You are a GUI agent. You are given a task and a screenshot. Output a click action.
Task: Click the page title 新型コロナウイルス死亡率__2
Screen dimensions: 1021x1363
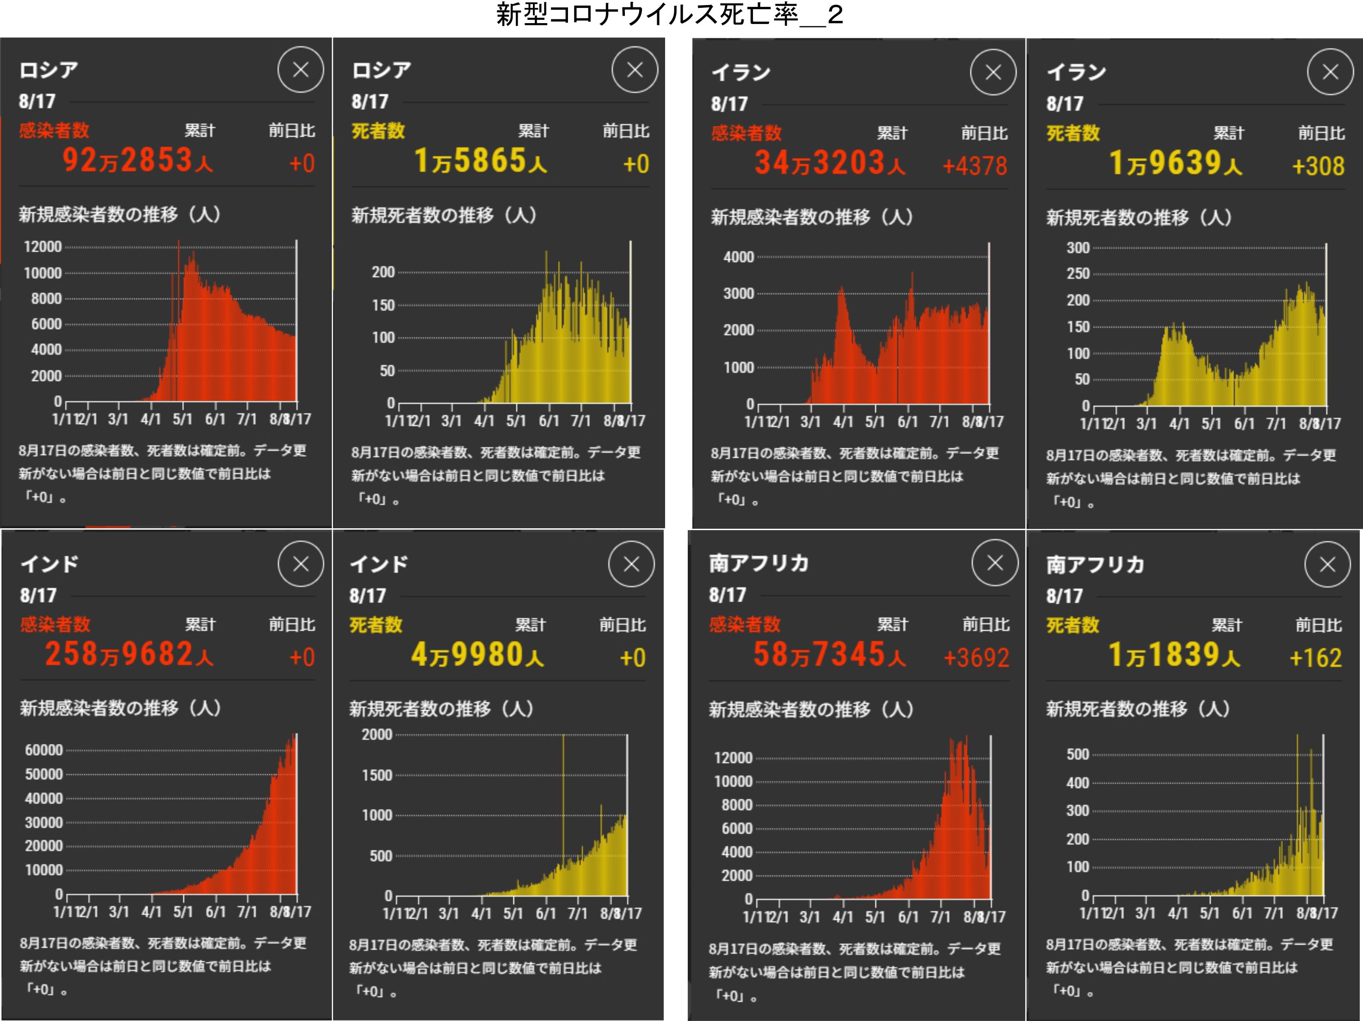669,15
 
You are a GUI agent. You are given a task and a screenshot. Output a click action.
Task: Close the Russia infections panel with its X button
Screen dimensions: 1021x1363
301,70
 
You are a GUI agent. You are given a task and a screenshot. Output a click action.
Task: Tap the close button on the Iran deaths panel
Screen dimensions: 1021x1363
1330,72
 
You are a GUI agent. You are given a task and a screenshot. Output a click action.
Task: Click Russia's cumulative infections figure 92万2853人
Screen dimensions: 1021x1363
137,161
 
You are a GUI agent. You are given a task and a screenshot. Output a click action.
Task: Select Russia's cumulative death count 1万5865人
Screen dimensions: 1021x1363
480,161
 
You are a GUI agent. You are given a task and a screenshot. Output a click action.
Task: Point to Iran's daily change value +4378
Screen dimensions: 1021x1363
974,166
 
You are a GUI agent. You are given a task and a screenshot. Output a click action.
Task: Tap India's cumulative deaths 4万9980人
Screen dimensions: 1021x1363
477,655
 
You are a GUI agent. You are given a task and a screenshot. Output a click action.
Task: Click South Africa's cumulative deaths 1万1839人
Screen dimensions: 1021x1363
1174,655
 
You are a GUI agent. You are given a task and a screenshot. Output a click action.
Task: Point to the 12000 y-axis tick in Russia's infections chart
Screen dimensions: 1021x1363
43,247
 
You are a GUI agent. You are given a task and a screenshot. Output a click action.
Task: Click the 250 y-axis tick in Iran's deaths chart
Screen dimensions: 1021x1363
1078,273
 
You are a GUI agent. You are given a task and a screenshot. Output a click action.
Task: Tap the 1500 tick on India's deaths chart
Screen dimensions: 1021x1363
377,775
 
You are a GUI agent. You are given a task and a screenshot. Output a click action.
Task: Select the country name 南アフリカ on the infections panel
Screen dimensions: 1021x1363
758,563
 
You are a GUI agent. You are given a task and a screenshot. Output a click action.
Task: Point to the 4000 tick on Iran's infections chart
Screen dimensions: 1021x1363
738,257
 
